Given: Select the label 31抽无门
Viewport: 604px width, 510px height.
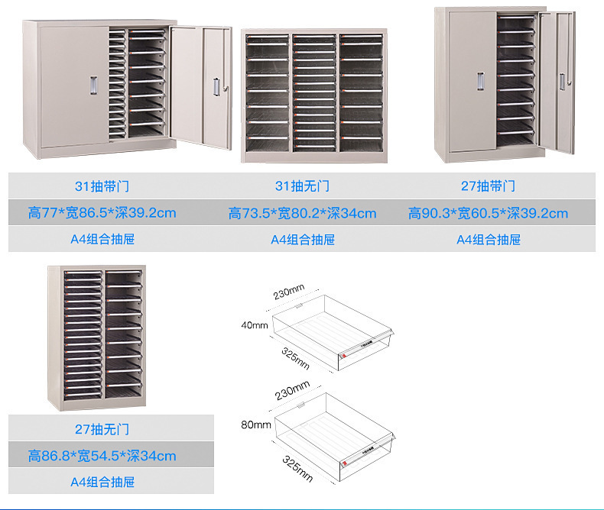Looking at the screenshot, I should (302, 186).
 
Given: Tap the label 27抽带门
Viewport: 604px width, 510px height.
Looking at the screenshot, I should (489, 186).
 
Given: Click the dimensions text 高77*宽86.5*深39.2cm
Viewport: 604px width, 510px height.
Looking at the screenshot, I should (102, 213).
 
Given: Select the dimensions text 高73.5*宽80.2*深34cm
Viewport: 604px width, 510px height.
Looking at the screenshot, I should (302, 214).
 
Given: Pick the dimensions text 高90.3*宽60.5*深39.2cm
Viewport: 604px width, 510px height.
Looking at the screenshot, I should (488, 214).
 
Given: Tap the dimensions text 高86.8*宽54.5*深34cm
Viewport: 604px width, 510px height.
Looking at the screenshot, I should (102, 457).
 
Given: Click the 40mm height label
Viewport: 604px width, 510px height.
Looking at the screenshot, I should (255, 325).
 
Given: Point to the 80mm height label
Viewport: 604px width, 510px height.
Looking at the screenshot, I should (255, 424).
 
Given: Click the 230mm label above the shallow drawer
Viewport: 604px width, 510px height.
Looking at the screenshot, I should (289, 292).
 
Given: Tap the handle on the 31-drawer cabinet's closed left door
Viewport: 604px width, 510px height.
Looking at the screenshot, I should (93, 85).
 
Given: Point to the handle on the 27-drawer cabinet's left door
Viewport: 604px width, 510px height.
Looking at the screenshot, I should (480, 82).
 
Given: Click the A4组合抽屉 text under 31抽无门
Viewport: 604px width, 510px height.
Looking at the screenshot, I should (302, 240).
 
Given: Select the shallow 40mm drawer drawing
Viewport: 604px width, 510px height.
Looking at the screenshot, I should (333, 332).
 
